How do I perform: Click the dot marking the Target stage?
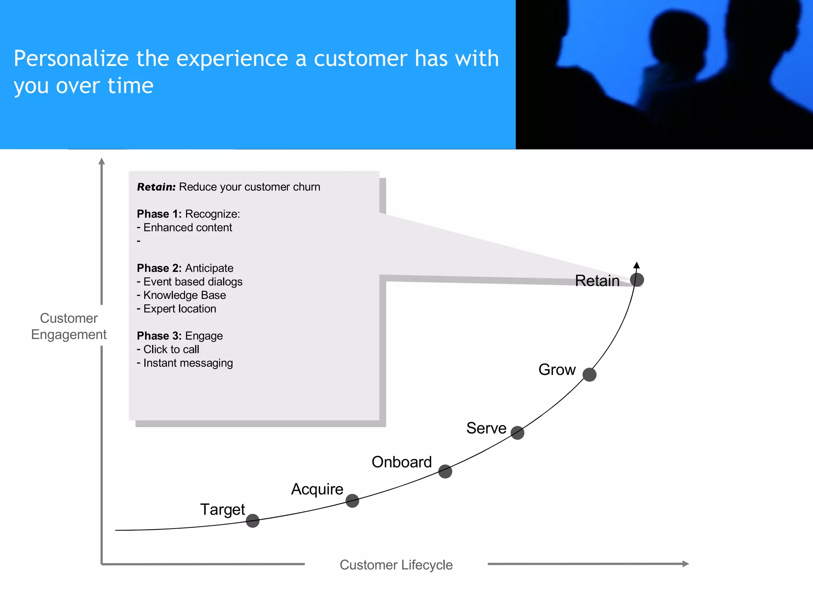[x=252, y=521]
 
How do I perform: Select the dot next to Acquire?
[x=352, y=501]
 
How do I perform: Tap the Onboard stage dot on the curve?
[x=445, y=471]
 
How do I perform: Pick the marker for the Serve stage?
[x=517, y=432]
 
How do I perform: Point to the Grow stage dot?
[x=590, y=374]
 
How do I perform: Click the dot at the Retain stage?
[x=637, y=280]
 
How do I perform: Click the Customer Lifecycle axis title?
[x=396, y=565]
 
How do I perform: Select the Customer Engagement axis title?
[x=69, y=326]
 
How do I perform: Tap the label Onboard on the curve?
[x=401, y=462]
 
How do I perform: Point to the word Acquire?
[x=317, y=489]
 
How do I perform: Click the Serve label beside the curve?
[x=486, y=428]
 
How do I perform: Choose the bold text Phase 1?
[x=159, y=214]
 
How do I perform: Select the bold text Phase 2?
[x=159, y=268]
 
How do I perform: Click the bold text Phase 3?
[x=159, y=336]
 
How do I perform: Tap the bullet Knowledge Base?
[x=184, y=295]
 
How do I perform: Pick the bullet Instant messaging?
[x=188, y=363]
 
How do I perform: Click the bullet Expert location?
[x=179, y=309]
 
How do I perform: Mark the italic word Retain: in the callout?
[x=156, y=187]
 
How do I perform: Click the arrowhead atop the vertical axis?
[x=102, y=161]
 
